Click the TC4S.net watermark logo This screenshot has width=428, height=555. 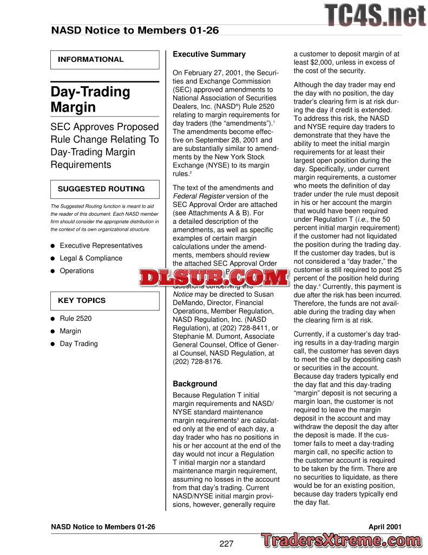(375, 15)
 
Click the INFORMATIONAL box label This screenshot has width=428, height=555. (91, 60)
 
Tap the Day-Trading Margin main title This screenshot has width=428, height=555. (90, 99)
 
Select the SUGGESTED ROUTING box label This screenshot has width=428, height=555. (101, 189)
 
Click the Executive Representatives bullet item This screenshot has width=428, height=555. (101, 246)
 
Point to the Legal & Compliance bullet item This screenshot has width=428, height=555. (91, 258)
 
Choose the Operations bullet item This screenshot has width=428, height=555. (76, 270)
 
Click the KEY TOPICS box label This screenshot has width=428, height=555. (82, 300)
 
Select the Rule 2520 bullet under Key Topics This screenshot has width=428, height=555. (75, 318)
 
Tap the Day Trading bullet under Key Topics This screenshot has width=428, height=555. (78, 343)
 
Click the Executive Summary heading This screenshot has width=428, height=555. (209, 54)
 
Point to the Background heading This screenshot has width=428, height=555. (195, 384)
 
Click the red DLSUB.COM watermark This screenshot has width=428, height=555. (214, 278)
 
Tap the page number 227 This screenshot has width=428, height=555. (226, 544)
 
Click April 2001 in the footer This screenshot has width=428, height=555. (385, 526)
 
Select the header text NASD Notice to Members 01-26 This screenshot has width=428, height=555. (135, 30)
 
